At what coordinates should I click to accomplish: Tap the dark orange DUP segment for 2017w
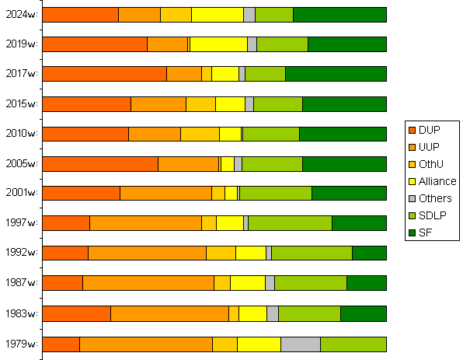click(x=104, y=74)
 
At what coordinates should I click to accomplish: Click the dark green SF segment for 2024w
click(x=339, y=15)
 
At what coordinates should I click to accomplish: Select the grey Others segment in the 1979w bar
click(x=300, y=344)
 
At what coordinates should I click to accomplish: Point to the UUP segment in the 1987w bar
click(x=148, y=283)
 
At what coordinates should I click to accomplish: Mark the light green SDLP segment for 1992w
click(x=312, y=253)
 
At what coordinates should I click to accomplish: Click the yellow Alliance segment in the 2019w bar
click(x=218, y=44)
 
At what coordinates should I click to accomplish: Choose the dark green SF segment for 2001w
click(x=349, y=194)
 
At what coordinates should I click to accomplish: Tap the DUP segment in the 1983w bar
click(x=76, y=313)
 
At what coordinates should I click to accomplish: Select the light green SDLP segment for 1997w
click(x=290, y=223)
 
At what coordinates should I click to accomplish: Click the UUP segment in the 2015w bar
click(x=158, y=104)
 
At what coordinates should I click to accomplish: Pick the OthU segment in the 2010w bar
click(x=200, y=134)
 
